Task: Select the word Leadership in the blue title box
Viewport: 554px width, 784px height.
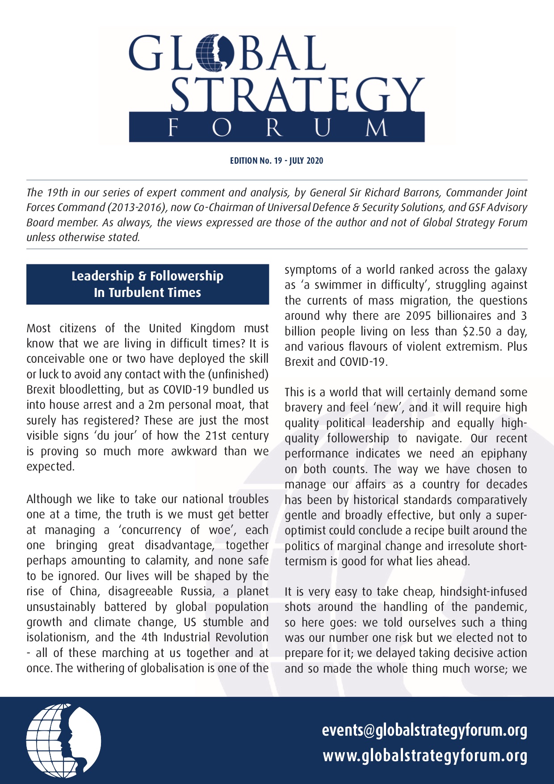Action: pos(103,276)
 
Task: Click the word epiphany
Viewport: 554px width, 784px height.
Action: pos(504,454)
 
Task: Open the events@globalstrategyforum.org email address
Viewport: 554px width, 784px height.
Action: pos(424,730)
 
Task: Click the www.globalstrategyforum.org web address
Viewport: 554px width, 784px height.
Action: pos(425,756)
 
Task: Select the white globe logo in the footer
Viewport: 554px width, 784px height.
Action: pos(63,741)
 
